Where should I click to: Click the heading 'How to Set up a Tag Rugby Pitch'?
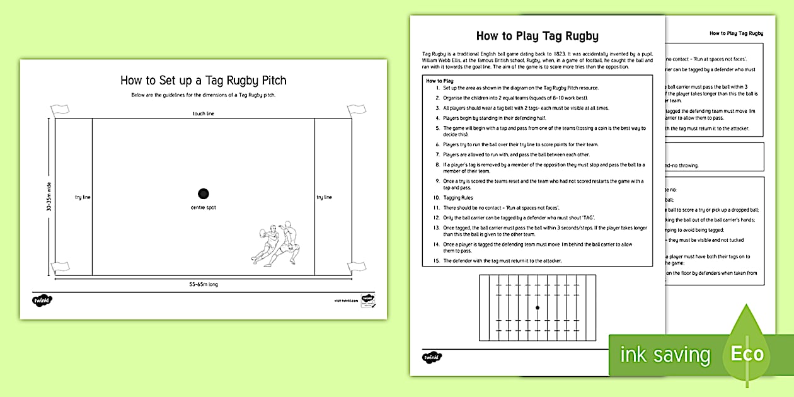click(203, 80)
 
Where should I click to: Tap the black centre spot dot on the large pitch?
click(203, 193)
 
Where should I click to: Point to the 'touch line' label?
click(203, 113)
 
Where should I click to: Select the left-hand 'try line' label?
click(83, 197)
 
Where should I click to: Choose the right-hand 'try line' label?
click(324, 197)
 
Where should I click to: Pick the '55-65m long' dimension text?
click(203, 284)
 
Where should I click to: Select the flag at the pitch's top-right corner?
click(356, 110)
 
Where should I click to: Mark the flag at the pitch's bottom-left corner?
click(60, 266)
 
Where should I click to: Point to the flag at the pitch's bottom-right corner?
click(356, 266)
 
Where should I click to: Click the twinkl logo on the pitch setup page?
click(42, 301)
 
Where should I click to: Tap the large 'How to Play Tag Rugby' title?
click(537, 36)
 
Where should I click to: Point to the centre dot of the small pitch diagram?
click(537, 308)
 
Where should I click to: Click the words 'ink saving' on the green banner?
click(665, 355)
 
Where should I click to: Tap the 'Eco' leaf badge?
click(747, 353)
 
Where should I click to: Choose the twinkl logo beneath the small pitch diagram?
click(432, 357)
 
